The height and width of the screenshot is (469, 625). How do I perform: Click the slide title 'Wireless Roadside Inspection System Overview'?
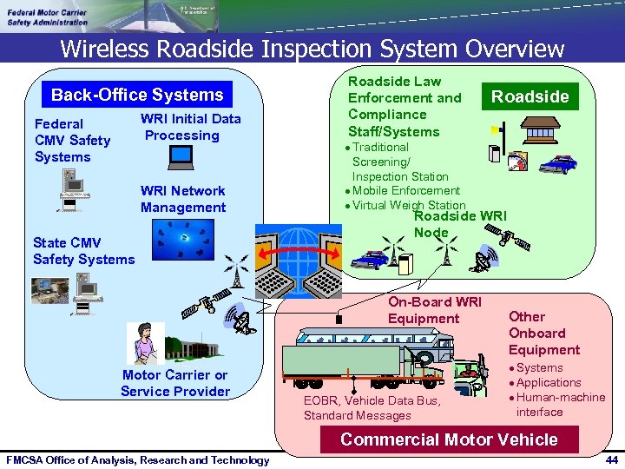click(312, 49)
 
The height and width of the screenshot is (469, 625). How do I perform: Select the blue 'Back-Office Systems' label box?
click(137, 95)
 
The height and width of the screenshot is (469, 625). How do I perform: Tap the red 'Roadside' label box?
click(530, 96)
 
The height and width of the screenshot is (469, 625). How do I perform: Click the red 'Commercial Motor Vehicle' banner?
click(449, 439)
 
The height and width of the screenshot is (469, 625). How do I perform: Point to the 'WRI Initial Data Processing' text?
click(190, 127)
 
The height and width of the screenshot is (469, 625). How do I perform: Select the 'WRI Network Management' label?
click(183, 199)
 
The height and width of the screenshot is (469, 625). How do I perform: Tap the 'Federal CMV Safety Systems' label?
click(72, 140)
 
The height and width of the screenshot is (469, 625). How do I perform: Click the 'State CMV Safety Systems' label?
click(83, 250)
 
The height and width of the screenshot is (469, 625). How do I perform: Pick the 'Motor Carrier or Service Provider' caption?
click(175, 383)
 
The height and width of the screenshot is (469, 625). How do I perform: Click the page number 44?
click(611, 459)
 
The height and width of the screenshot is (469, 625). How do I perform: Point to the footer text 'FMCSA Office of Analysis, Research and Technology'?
click(137, 459)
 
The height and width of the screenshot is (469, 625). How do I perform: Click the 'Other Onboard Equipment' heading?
click(543, 333)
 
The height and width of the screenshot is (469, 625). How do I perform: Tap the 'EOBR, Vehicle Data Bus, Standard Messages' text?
click(372, 407)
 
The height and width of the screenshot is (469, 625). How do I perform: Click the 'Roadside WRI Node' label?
click(458, 224)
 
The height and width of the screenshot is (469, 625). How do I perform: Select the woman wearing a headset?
click(144, 342)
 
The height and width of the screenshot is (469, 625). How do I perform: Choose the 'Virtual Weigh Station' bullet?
click(408, 205)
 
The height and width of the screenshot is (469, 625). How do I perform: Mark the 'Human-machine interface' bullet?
click(561, 404)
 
